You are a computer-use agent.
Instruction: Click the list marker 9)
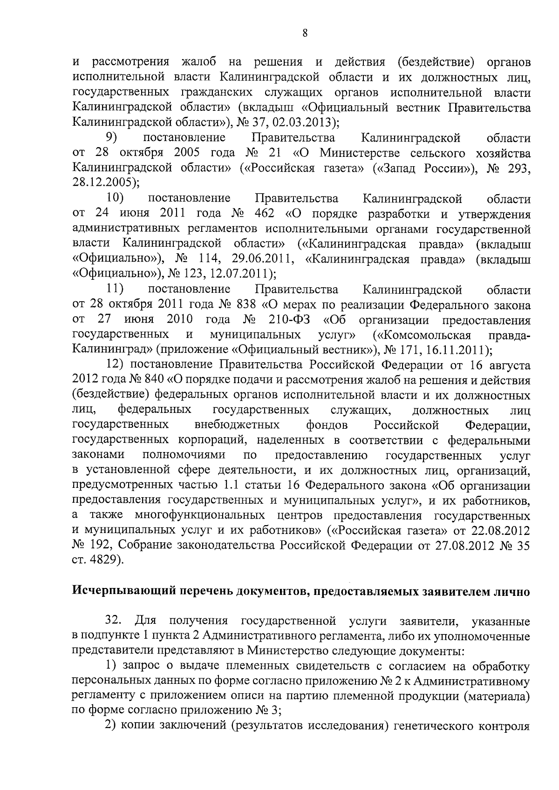pos(111,137)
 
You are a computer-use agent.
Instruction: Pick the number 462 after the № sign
pos(265,214)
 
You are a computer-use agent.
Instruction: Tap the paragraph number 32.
pos(114,621)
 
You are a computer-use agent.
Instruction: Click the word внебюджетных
pos(237,425)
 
